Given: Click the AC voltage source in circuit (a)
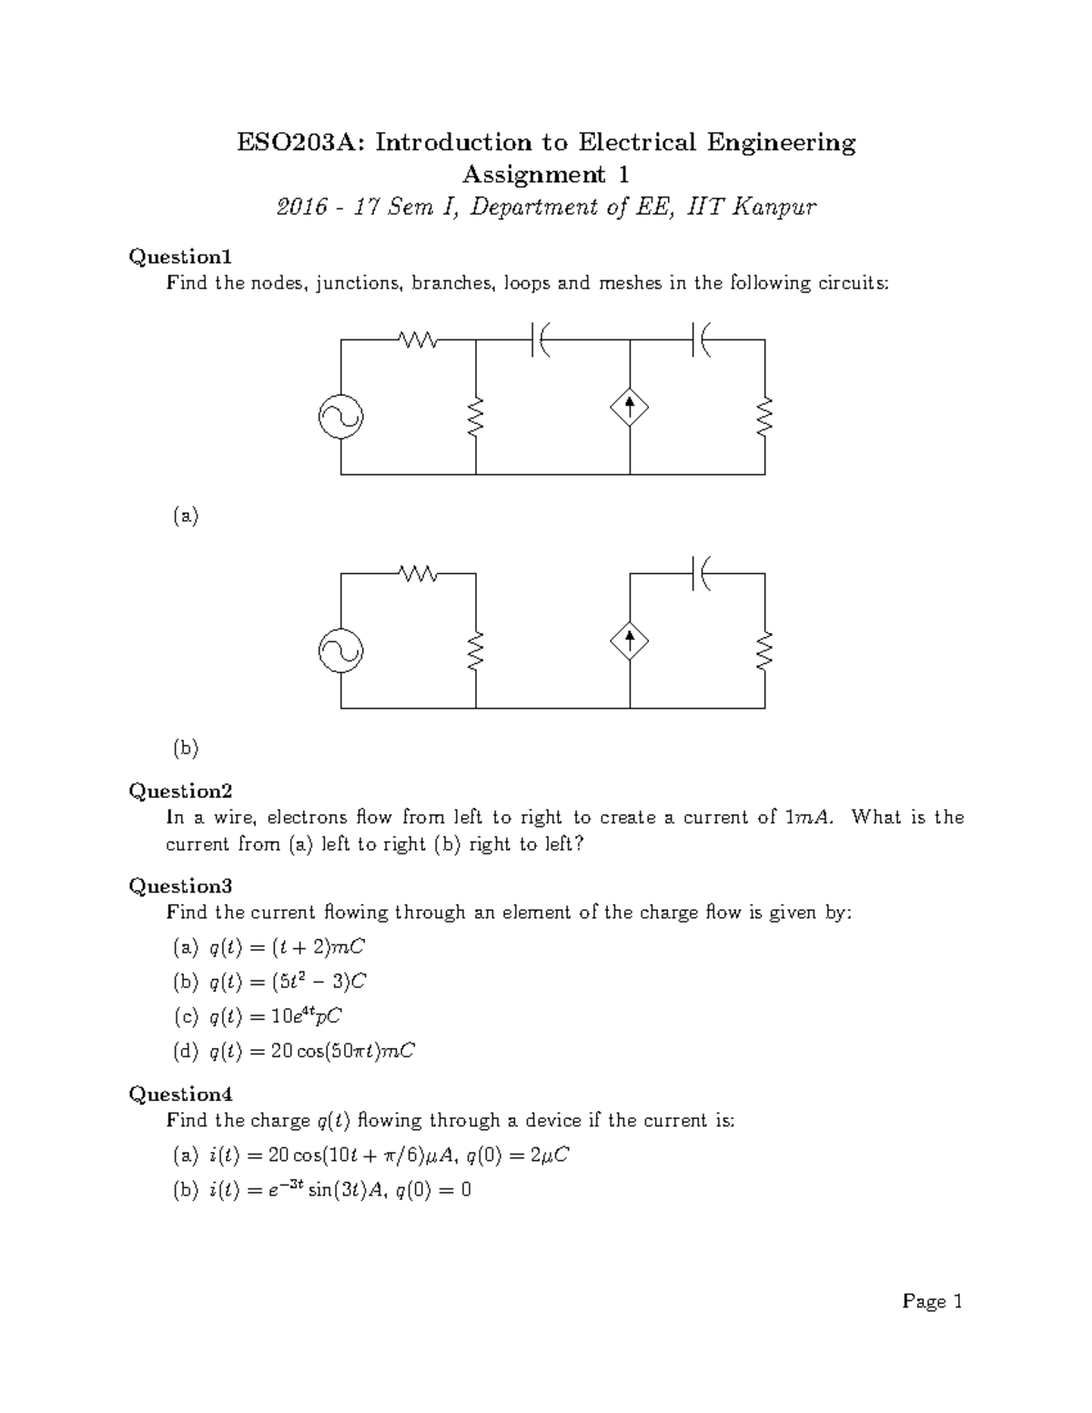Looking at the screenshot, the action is click(341, 417).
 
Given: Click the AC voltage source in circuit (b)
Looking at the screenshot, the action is click(341, 651).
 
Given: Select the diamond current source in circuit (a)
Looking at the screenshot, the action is click(630, 407).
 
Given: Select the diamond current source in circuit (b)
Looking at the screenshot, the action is click(630, 641).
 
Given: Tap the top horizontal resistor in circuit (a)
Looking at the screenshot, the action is click(419, 340).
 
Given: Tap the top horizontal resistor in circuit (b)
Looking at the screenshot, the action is click(419, 574).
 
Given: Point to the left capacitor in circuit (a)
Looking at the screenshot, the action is click(540, 340).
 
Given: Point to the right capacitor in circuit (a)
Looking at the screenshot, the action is click(701, 340).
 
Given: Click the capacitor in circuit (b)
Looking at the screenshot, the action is click(701, 574).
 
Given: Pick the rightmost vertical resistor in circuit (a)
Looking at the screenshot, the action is click(764, 417).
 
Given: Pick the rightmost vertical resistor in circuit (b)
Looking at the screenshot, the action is click(764, 651).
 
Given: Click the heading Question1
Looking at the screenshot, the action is click(181, 257).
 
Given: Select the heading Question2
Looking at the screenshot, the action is click(181, 791).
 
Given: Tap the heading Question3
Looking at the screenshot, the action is click(181, 885).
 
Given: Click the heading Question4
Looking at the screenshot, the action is click(181, 1094).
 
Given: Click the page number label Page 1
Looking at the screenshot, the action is click(932, 1302).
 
